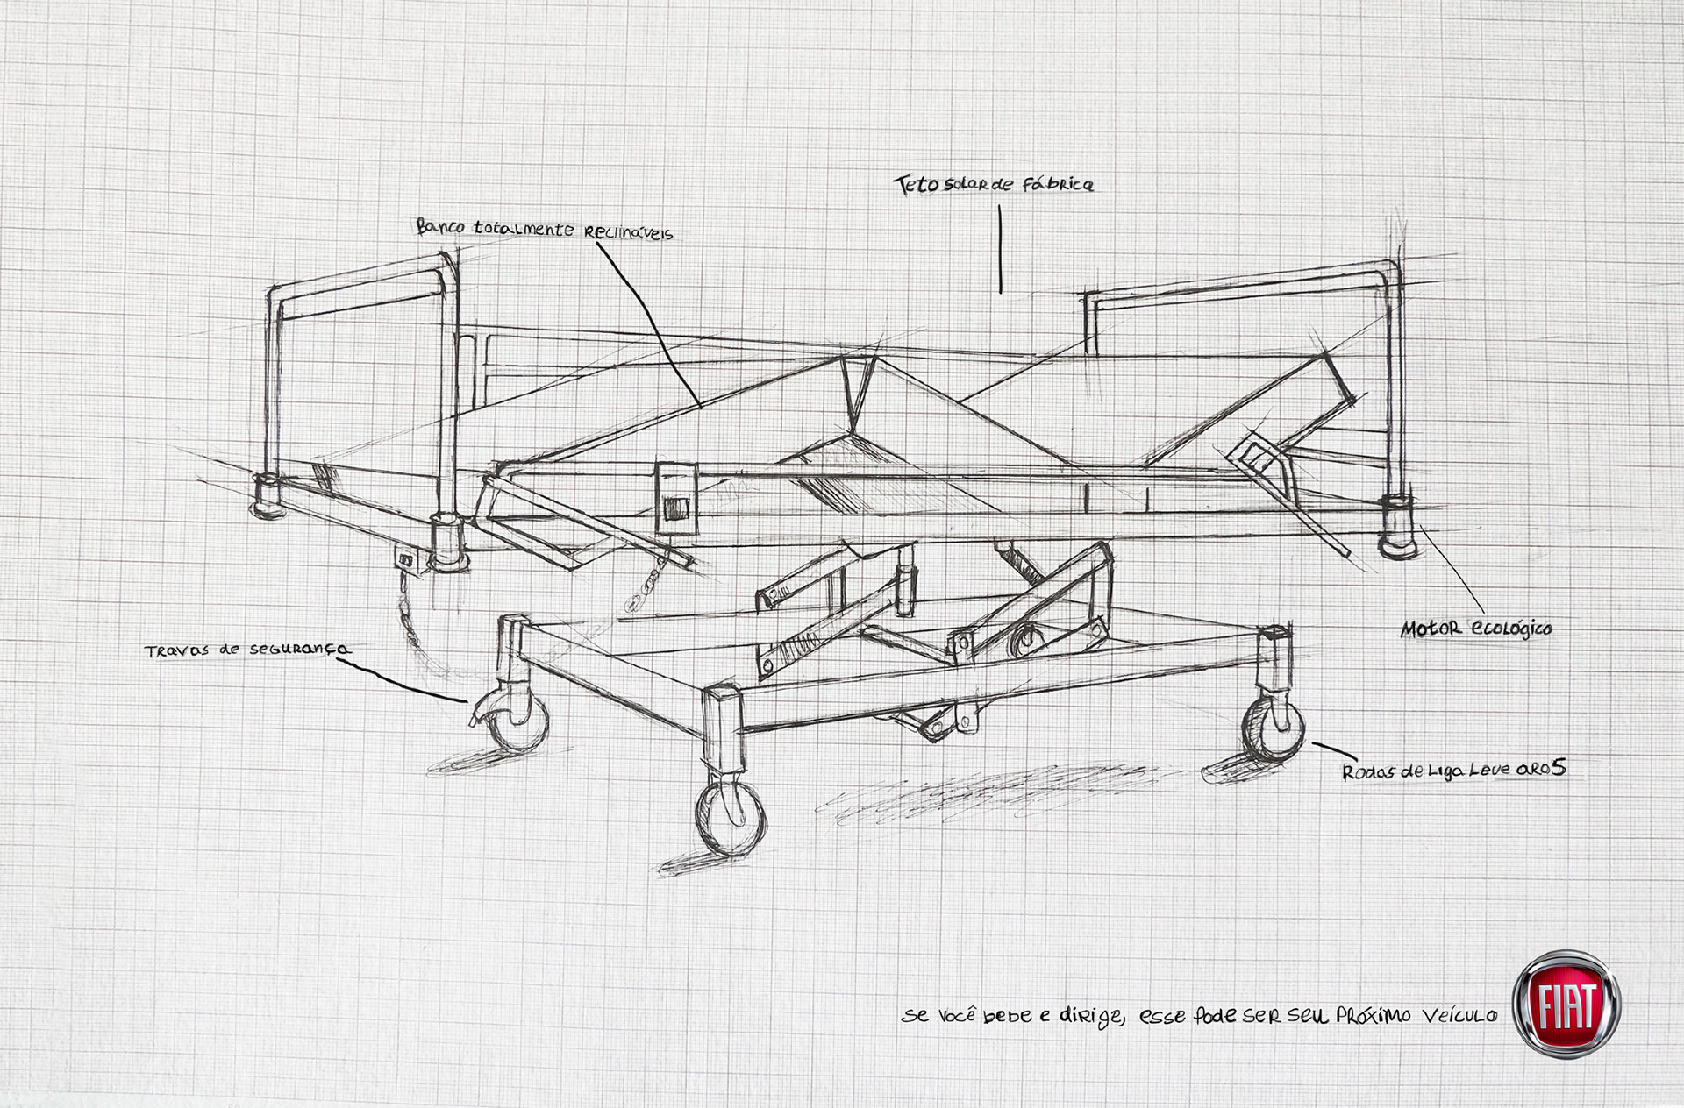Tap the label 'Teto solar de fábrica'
coord(994,184)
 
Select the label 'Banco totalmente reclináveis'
coord(544,229)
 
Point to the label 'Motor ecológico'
coord(1476,629)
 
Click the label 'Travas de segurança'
coord(247,650)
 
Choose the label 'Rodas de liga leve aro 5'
coord(1453,771)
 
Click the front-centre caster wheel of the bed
coord(730,817)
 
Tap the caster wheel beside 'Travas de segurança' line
coord(516,719)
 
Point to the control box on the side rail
coord(675,497)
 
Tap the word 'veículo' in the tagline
coord(1459,1015)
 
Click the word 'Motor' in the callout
coord(1431,629)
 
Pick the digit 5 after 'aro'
coord(1558,768)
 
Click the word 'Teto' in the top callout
coord(917,185)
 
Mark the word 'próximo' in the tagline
coord(1374,1015)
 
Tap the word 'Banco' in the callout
coord(441,226)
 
